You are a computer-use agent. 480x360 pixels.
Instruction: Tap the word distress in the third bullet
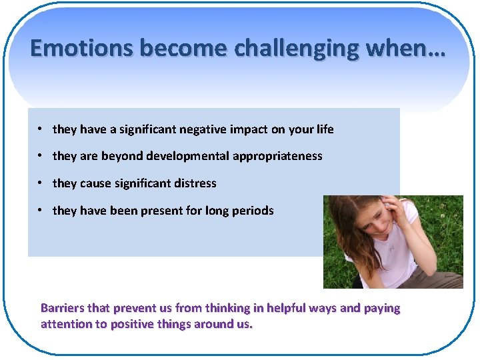point(195,183)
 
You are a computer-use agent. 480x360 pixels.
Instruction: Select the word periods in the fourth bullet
point(253,211)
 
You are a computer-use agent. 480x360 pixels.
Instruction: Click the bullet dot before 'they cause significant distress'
point(41,183)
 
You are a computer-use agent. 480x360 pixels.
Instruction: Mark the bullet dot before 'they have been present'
point(41,210)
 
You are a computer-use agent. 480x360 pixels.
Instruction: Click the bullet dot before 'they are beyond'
point(41,155)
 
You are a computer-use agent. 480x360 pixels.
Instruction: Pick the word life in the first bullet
point(326,129)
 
